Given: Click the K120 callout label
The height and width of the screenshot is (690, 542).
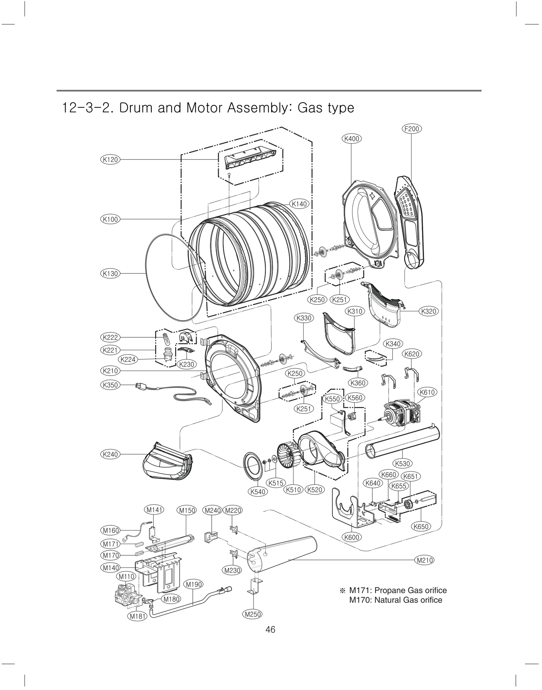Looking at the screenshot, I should pyautogui.click(x=110, y=160).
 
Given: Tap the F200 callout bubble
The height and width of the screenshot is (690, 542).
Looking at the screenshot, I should pyautogui.click(x=412, y=129).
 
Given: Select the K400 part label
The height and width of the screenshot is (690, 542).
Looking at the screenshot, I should pyautogui.click(x=351, y=139).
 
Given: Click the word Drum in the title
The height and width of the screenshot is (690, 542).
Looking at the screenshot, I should pyautogui.click(x=138, y=108).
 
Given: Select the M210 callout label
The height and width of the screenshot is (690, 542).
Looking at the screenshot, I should pyautogui.click(x=424, y=560).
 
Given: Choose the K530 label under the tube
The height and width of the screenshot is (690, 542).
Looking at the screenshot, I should pyautogui.click(x=402, y=463).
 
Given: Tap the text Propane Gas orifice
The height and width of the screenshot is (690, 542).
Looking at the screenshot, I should pyautogui.click(x=410, y=590).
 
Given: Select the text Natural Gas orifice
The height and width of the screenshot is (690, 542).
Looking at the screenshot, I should pyautogui.click(x=408, y=600).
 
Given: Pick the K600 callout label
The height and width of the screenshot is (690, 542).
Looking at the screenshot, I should pyautogui.click(x=351, y=537).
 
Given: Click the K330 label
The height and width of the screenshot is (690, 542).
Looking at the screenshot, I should pyautogui.click(x=304, y=318).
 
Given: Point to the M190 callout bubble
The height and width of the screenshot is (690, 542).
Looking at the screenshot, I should pyautogui.click(x=193, y=584).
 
